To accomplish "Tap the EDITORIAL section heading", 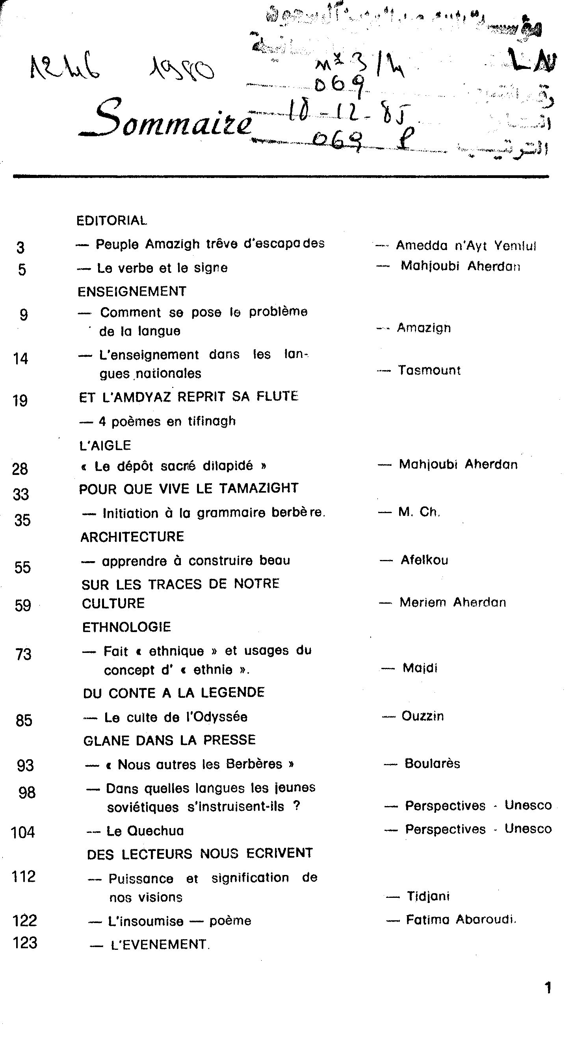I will click(x=111, y=221).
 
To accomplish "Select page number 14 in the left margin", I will click(x=20, y=359).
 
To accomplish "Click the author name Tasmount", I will click(x=429, y=370).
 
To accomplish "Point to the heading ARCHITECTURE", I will click(x=132, y=537).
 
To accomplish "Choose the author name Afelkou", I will click(x=424, y=560).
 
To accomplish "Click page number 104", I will click(x=23, y=832).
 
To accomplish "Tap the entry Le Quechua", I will click(x=145, y=831).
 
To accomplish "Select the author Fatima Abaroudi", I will click(x=461, y=920).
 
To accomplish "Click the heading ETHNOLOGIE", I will click(x=126, y=627).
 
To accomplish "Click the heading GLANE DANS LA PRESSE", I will click(x=169, y=740).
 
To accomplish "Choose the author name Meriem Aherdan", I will click(x=452, y=602).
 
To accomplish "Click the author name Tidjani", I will click(x=428, y=896).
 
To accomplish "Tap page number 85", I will click(x=24, y=720).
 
